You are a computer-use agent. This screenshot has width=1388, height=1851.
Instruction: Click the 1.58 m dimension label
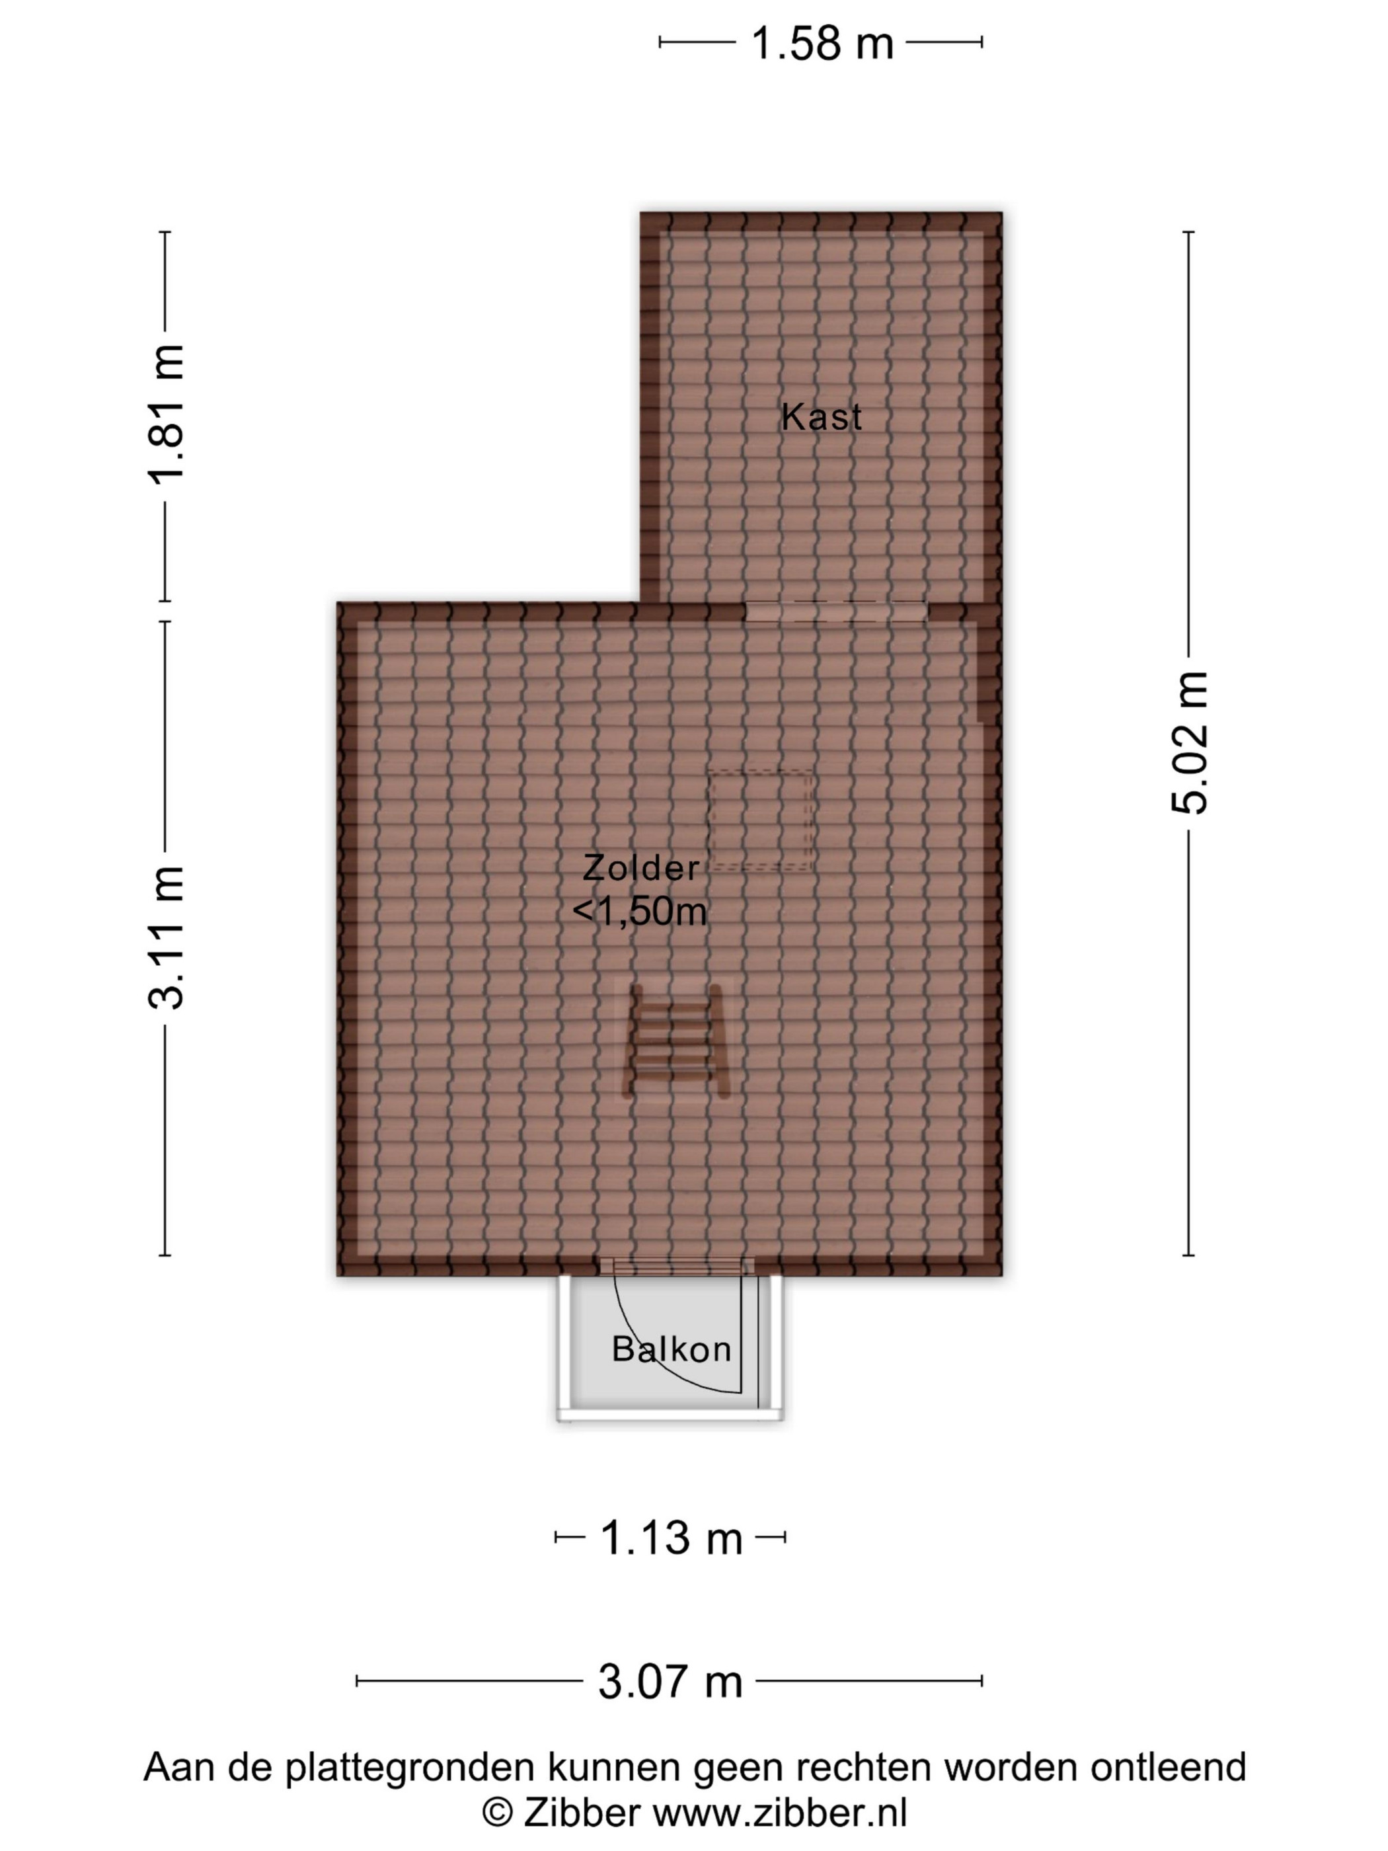822,43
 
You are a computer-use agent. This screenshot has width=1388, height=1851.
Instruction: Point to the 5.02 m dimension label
1189,742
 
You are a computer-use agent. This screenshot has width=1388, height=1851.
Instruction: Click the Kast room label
821,416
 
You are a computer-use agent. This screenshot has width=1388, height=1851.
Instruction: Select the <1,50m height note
640,911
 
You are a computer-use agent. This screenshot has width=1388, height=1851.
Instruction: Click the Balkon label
671,1349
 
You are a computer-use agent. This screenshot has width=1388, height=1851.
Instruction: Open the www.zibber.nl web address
780,1813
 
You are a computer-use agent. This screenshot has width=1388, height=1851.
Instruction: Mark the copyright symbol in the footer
498,1813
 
